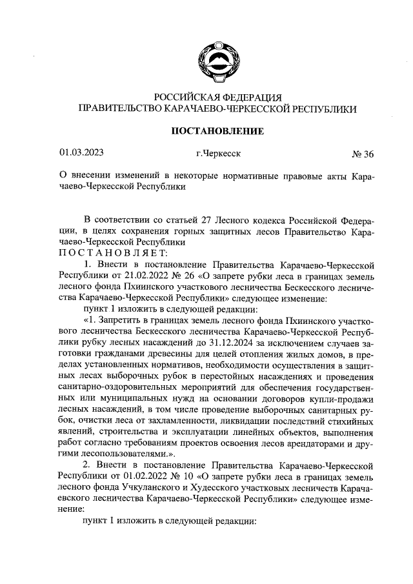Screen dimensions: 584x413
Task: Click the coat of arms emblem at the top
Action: pyautogui.click(x=217, y=61)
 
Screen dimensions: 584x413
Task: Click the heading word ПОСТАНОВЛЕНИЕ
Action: pyautogui.click(x=217, y=131)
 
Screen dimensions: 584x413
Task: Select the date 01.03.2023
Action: pyautogui.click(x=81, y=153)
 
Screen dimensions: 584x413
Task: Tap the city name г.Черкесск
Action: pyautogui.click(x=217, y=154)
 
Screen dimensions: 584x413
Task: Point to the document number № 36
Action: pyautogui.click(x=362, y=154)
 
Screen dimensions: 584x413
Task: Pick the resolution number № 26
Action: pyautogui.click(x=178, y=276)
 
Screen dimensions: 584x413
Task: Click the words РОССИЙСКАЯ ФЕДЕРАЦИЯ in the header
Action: pyautogui.click(x=217, y=97)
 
